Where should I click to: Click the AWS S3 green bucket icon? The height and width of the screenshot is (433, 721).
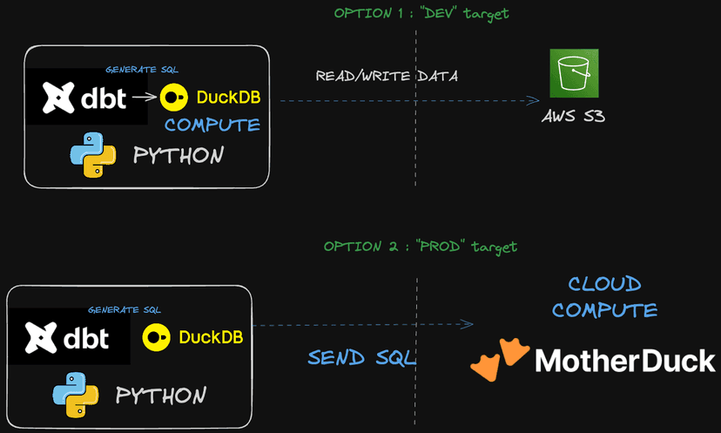[574, 73]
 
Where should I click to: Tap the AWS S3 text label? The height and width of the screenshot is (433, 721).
[573, 115]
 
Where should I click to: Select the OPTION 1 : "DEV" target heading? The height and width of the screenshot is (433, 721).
[421, 13]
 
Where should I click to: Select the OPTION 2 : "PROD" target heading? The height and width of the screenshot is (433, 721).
[420, 247]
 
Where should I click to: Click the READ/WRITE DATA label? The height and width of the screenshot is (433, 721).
[387, 77]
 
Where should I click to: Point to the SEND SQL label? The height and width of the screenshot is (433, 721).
[361, 357]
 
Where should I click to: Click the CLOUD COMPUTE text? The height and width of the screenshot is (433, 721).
[604, 296]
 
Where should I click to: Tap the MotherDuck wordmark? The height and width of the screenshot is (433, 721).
[624, 360]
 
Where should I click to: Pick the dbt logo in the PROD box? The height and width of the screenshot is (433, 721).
[69, 335]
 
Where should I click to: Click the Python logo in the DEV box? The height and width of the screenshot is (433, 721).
[93, 155]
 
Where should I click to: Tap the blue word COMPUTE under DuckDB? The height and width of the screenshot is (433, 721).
[212, 125]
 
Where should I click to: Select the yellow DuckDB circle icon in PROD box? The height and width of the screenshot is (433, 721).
[156, 336]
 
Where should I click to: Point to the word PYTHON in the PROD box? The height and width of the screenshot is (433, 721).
[161, 396]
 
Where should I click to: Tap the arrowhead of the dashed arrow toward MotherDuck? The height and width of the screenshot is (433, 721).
[468, 325]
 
